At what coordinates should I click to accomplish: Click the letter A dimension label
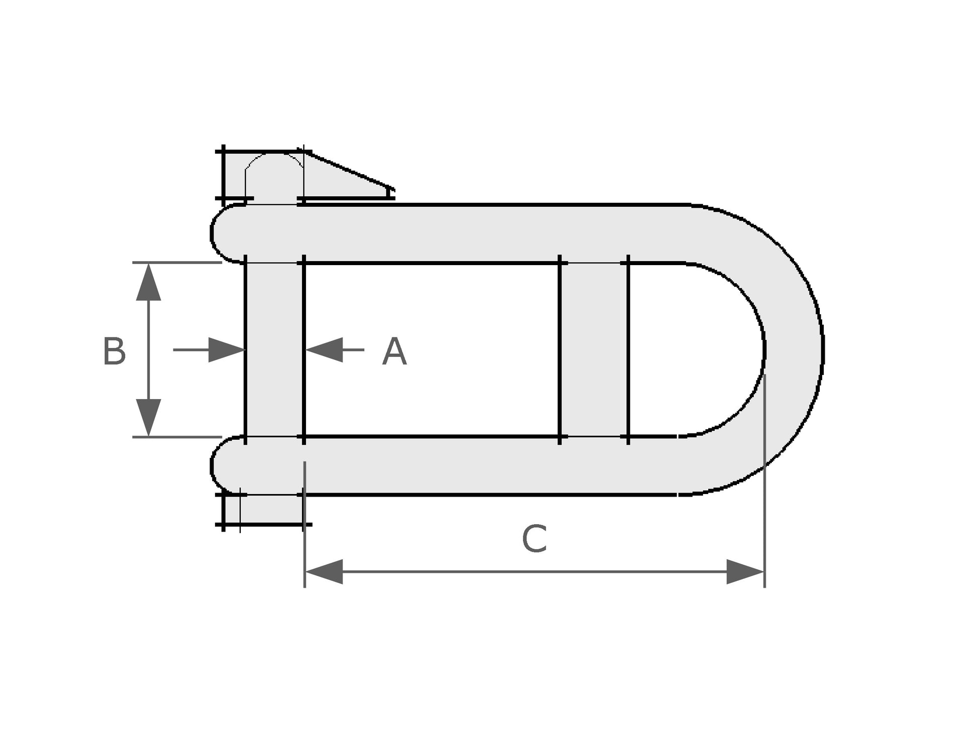tap(394, 352)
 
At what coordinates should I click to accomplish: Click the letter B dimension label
tap(114, 351)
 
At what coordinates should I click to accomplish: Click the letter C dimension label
tap(534, 539)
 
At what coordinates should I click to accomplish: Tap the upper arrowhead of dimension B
tap(148, 282)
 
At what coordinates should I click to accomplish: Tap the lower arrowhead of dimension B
tap(148, 418)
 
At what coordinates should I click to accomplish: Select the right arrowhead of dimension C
tap(745, 571)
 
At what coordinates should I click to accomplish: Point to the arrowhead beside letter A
tap(324, 349)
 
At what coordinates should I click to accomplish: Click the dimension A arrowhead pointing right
tap(227, 349)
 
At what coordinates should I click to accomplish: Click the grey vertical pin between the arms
tap(274, 349)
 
